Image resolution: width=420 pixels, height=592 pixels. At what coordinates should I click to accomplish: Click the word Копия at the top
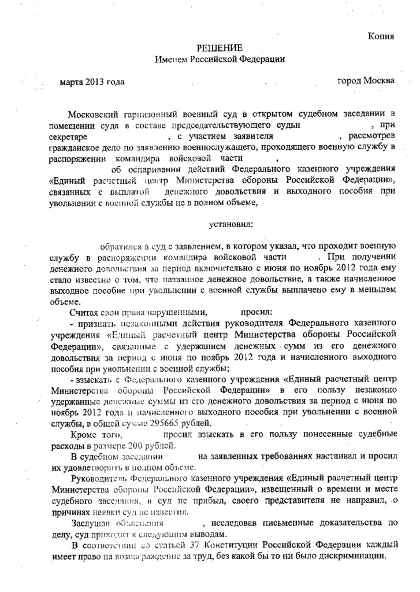pos(381,36)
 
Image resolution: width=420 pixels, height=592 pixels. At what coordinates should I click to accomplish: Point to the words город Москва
pos(366,80)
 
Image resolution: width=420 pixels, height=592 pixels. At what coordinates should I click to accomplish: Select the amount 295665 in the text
pos(181,422)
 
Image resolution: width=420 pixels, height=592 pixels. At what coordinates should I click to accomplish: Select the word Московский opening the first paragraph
pos(94,114)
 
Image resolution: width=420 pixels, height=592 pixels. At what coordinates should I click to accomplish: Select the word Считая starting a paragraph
pos(82,310)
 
